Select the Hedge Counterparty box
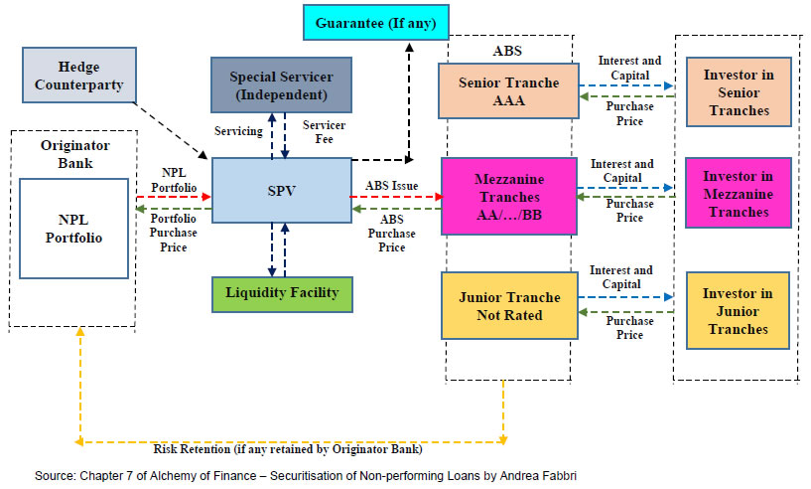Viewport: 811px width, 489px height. [x=78, y=76]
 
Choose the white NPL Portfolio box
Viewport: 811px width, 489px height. [x=74, y=228]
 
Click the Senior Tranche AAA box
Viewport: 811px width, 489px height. [x=508, y=91]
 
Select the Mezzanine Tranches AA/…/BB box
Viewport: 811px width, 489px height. [x=508, y=195]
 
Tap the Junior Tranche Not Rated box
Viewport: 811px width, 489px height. [x=508, y=305]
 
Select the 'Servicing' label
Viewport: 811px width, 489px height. [x=239, y=131]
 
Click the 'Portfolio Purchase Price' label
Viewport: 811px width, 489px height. [x=174, y=233]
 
